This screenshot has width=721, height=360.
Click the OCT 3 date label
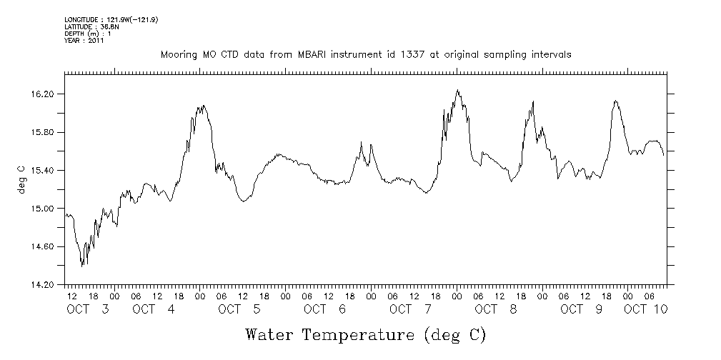coord(87,309)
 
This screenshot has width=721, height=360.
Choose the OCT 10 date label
coord(646,309)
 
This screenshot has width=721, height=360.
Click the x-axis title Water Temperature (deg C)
coord(365,334)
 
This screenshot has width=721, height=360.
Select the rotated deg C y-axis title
coord(22,179)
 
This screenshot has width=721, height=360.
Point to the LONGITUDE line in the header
coord(110,19)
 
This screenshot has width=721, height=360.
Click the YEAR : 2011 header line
coord(85,41)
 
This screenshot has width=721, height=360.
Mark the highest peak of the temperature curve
coord(457,90)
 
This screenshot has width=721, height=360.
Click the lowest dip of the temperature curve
coord(82,266)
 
